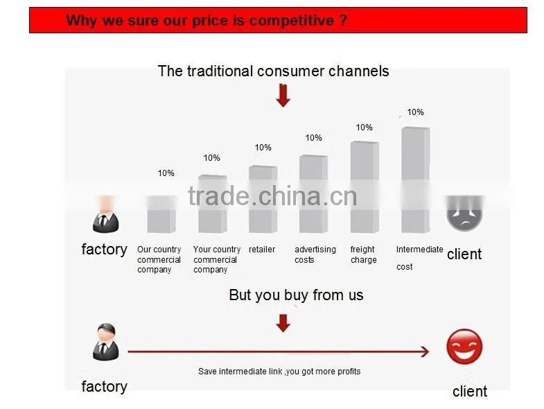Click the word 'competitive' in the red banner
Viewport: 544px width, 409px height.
(292, 21)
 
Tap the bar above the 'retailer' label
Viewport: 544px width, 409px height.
(263, 199)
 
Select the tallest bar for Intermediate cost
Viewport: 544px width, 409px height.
(416, 180)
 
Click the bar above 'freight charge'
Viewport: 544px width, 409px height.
(365, 186)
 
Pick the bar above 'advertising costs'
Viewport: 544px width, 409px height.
(314, 193)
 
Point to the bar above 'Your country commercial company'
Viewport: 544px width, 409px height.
(213, 204)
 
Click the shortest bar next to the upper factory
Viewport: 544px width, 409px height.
(161, 214)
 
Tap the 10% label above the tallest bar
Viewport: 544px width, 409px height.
(415, 112)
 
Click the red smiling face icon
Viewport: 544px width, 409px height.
(464, 347)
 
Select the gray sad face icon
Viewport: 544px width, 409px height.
(464, 214)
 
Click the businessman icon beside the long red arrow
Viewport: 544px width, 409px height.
(106, 342)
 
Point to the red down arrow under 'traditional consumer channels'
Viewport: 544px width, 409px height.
(283, 96)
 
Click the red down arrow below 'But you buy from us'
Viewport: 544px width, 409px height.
(283, 323)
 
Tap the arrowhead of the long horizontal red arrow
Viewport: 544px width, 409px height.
(425, 351)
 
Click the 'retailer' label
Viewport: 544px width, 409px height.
(262, 250)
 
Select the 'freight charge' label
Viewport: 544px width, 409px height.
(363, 254)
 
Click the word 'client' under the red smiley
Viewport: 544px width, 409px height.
(470, 391)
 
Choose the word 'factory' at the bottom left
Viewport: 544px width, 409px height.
(105, 387)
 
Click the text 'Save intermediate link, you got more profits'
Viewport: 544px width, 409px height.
(279, 372)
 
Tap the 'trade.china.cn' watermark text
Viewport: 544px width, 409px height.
(272, 196)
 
